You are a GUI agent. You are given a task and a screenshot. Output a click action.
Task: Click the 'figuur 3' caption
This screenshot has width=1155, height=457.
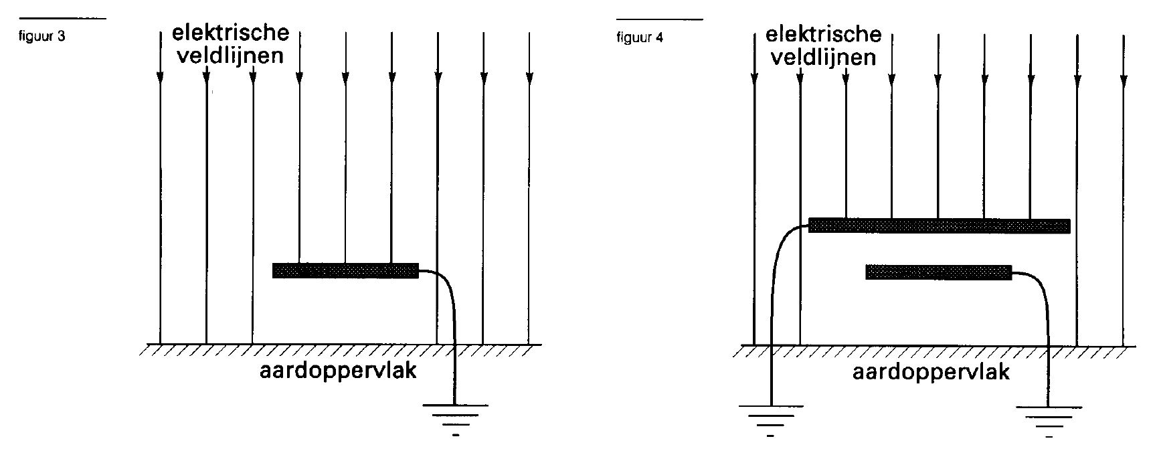click(x=43, y=37)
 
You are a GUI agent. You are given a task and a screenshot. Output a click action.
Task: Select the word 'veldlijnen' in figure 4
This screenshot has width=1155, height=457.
click(x=823, y=56)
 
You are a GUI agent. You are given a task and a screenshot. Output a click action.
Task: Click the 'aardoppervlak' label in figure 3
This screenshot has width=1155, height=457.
click(x=338, y=371)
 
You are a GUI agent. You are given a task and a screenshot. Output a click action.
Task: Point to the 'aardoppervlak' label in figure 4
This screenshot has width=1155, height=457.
click(x=931, y=372)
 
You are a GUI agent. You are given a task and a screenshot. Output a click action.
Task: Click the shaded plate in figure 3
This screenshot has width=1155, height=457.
click(x=345, y=270)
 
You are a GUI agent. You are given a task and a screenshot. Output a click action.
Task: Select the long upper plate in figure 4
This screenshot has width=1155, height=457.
click(x=940, y=225)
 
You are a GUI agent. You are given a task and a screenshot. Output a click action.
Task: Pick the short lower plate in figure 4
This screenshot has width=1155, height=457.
click(x=938, y=272)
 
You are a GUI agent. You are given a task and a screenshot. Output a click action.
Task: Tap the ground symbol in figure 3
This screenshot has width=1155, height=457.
click(x=455, y=419)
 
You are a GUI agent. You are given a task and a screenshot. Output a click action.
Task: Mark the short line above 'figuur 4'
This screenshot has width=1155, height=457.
click(x=659, y=19)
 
